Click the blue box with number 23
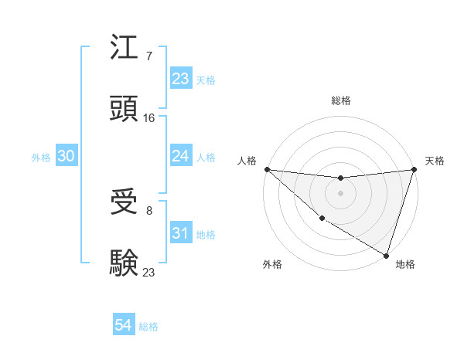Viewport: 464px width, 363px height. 180,79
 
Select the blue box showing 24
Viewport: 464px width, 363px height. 180,156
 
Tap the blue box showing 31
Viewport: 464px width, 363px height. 180,233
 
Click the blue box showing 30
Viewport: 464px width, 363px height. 67,156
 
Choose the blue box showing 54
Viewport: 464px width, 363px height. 124,326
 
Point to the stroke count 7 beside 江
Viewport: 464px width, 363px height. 148,56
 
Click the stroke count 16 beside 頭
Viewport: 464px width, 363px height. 149,117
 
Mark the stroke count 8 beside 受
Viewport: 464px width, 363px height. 148,210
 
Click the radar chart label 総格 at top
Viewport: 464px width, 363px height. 341,100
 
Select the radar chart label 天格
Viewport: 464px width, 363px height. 435,161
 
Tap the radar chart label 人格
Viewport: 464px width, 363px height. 247,161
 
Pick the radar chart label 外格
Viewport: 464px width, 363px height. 272,265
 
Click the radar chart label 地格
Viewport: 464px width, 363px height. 405,265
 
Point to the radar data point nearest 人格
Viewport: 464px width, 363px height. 267,169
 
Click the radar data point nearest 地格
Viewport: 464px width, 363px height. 386,255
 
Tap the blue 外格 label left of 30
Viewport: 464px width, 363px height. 41,157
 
